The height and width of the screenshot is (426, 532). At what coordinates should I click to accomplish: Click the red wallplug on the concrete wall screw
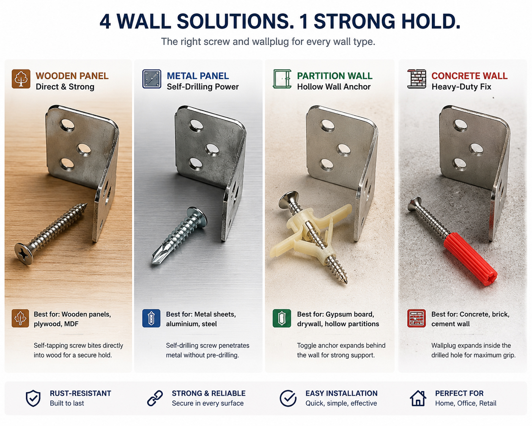coord(470,259)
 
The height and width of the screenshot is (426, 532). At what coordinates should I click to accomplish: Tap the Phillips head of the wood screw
coord(24,253)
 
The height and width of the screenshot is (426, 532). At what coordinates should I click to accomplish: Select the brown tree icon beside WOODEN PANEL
coord(21,79)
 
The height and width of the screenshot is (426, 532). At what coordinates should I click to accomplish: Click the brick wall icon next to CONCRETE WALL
coord(417,79)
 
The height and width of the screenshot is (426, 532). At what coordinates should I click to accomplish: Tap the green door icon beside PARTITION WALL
coord(282,79)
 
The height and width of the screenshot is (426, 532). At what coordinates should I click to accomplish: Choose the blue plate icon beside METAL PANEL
coord(151,79)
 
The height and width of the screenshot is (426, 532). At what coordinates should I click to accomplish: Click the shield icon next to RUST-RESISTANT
coord(33,398)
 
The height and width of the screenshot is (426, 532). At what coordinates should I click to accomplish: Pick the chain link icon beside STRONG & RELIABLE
coord(155,398)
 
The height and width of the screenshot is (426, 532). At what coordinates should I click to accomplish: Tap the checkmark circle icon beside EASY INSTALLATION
coord(288,398)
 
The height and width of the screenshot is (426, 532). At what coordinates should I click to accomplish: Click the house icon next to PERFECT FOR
coord(418,398)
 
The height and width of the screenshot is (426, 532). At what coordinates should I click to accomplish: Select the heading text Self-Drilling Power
coord(203,87)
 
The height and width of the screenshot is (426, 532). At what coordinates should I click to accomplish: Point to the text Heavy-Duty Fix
coord(461,87)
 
